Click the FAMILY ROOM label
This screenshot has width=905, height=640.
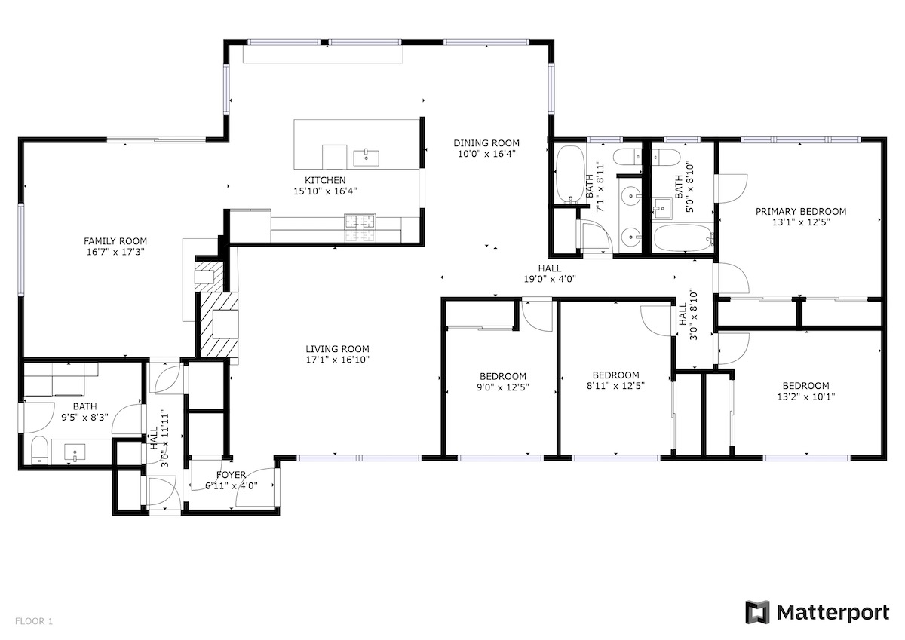coord(115,241)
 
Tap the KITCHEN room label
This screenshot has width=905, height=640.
coord(325,180)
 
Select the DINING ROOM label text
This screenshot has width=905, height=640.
coord(486,143)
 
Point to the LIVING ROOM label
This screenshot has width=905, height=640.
coord(337,349)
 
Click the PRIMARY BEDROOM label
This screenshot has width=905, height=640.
coord(801,211)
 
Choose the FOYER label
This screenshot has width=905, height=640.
coord(231,475)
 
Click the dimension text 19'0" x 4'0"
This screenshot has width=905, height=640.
coord(550,279)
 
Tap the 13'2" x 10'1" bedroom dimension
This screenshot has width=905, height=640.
coord(806,397)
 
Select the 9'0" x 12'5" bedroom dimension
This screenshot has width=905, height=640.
coord(502,387)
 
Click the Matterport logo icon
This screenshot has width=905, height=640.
coord(757,613)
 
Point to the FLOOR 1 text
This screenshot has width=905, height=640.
coord(34,621)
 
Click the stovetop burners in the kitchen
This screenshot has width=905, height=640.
coord(360,222)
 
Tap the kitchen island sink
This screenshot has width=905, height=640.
coord(366,158)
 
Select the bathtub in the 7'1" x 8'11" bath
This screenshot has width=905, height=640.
coord(570,174)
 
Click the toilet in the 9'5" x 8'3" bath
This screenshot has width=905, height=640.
coord(39,449)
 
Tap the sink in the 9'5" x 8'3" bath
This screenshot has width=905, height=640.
coord(75,452)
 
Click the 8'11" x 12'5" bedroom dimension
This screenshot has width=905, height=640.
coord(615,386)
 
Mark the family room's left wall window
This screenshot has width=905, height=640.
coord(21,250)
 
